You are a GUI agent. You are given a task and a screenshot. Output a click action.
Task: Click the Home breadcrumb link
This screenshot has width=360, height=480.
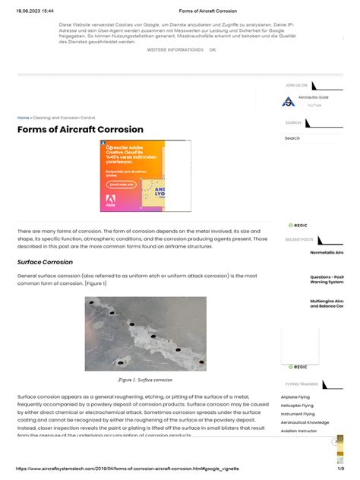point(23,118)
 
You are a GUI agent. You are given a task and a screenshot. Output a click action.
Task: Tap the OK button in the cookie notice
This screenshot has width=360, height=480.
point(213,50)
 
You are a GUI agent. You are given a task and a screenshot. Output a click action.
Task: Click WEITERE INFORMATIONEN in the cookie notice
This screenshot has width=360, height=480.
point(175,50)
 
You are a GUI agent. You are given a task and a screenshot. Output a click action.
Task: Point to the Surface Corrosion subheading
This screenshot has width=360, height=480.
point(45,262)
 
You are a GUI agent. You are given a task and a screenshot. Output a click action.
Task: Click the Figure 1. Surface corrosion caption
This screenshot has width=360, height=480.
point(145,379)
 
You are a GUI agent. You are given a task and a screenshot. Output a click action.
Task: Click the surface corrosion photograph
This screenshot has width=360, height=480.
point(145,333)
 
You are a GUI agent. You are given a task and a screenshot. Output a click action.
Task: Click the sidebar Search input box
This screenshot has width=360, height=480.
point(311,138)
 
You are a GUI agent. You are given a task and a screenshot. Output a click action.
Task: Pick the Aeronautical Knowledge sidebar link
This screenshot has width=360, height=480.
point(305,422)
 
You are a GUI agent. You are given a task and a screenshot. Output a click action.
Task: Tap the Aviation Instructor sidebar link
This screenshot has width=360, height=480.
point(299,431)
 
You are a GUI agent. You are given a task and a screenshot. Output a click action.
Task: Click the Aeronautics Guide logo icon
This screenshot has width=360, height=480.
point(288,101)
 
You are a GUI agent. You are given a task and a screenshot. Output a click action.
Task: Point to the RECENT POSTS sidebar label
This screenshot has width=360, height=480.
point(299,239)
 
